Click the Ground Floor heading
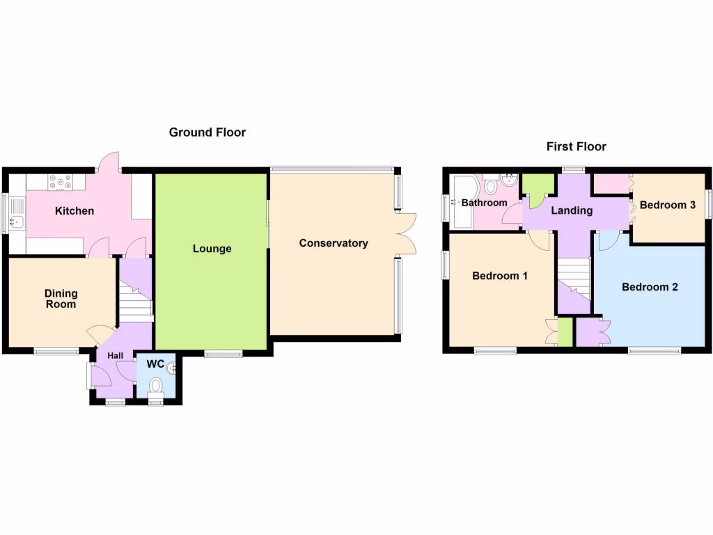point(207,132)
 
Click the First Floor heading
point(576,146)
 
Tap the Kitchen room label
point(75,211)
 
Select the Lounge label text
point(212,249)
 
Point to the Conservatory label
point(334,243)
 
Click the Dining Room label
point(61,299)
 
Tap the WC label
point(155,364)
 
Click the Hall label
point(115,356)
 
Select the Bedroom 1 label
point(499,276)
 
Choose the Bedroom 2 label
point(650,287)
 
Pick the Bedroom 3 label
point(667,206)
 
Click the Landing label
point(572,210)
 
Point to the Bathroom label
point(485,203)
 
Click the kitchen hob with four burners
point(60,183)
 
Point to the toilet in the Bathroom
point(491,185)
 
